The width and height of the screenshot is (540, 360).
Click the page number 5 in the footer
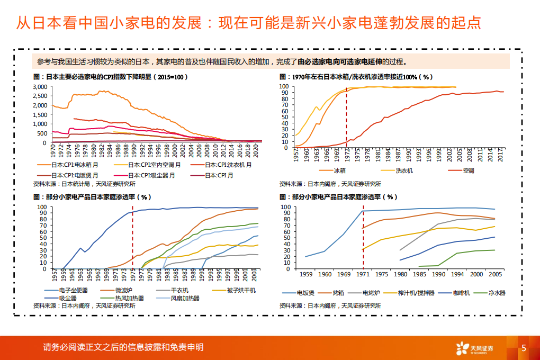coord(524,348)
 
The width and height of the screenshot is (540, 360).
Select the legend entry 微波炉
coord(124,290)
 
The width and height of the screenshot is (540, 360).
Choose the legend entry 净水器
coord(497,292)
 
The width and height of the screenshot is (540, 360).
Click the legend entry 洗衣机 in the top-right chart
coord(404,170)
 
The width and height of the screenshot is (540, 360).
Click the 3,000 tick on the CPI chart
coord(39,86)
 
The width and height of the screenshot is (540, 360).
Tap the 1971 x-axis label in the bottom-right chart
coord(363,274)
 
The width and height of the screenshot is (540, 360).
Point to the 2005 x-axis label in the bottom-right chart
coord(495,274)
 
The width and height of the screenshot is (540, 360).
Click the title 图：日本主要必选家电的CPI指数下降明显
coord(111,77)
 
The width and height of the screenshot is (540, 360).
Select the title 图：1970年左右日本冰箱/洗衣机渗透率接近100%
coord(356,77)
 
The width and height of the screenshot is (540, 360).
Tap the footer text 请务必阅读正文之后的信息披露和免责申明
coord(123,347)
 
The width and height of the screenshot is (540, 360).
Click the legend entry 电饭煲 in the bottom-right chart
coord(307,292)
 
